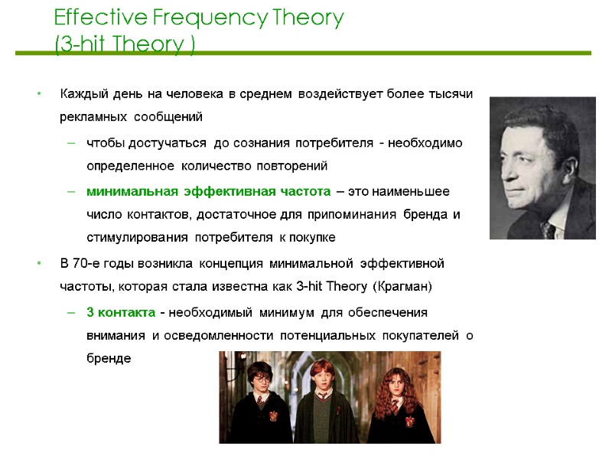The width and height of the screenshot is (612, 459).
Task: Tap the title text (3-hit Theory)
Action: [x=125, y=45]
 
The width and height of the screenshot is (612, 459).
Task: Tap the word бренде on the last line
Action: [x=109, y=359]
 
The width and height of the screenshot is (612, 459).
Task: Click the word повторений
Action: [x=294, y=166]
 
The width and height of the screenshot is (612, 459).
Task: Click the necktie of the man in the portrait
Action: [x=548, y=229]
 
